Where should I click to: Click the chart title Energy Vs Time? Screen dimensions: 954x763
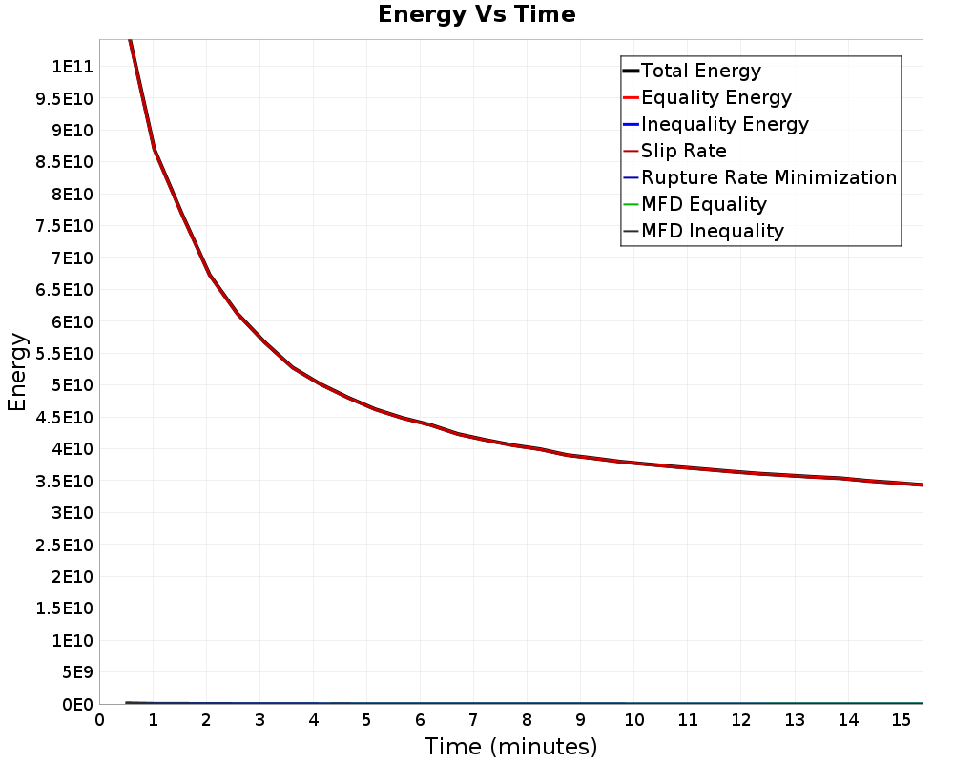coord(476,14)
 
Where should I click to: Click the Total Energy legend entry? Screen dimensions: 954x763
coord(692,71)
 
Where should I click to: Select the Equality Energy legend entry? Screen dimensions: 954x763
coord(708,97)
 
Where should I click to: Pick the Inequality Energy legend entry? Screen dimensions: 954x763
coord(716,124)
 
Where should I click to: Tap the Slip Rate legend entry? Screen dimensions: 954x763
coord(674,151)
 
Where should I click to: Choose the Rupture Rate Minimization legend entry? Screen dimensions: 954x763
coord(760,177)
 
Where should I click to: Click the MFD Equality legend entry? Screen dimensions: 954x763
coord(695,204)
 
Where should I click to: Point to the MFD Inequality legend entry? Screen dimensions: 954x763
coord(703,231)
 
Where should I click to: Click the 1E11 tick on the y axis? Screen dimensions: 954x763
coord(73,67)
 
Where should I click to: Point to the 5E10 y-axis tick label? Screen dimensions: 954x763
coord(73,385)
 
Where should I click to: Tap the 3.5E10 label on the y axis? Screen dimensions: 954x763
coord(65,482)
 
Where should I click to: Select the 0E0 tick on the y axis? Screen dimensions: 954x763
coord(78,705)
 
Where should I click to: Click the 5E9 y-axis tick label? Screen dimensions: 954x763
coord(78,672)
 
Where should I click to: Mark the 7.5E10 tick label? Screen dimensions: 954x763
coord(65,226)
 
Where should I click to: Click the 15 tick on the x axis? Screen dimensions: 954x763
coord(902,720)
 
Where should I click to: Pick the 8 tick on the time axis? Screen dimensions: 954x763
coord(527,720)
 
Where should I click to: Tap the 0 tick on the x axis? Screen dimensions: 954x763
coord(100,720)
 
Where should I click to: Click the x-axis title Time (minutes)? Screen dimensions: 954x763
coord(510,746)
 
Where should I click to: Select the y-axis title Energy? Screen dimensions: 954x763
coord(17,372)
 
